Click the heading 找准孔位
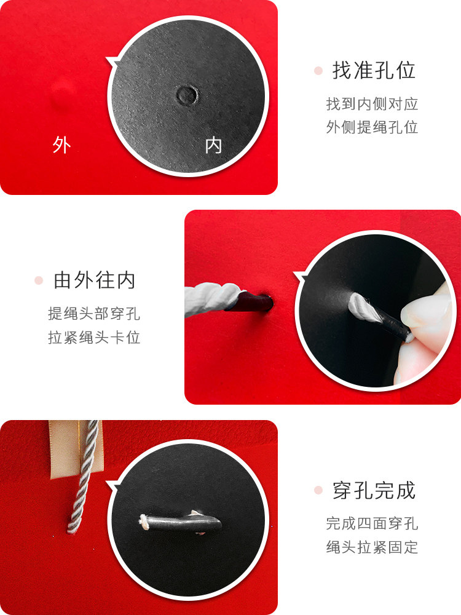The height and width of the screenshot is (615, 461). (x=374, y=71)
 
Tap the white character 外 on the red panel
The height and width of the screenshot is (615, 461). (x=61, y=145)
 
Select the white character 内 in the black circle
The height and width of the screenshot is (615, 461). (x=213, y=146)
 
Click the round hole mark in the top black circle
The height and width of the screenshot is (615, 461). (x=187, y=95)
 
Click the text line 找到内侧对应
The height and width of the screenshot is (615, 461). (x=372, y=104)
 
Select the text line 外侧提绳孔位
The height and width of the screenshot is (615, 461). (x=372, y=127)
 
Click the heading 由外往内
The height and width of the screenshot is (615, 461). (x=95, y=280)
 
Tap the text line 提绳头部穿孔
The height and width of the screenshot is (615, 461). (x=94, y=314)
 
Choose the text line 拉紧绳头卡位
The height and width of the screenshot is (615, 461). (x=94, y=337)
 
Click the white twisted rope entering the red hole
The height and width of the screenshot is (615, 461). (x=211, y=299)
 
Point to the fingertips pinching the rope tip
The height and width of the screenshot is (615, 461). (x=425, y=333)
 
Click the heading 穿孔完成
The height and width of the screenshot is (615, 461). (x=374, y=491)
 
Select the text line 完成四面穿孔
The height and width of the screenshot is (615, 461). (x=372, y=523)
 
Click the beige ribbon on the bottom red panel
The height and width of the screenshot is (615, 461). (x=63, y=450)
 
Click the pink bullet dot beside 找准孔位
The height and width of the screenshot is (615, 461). (x=318, y=71)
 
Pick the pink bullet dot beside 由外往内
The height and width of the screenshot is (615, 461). (x=38, y=280)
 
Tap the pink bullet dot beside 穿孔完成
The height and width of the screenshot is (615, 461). (x=318, y=490)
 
